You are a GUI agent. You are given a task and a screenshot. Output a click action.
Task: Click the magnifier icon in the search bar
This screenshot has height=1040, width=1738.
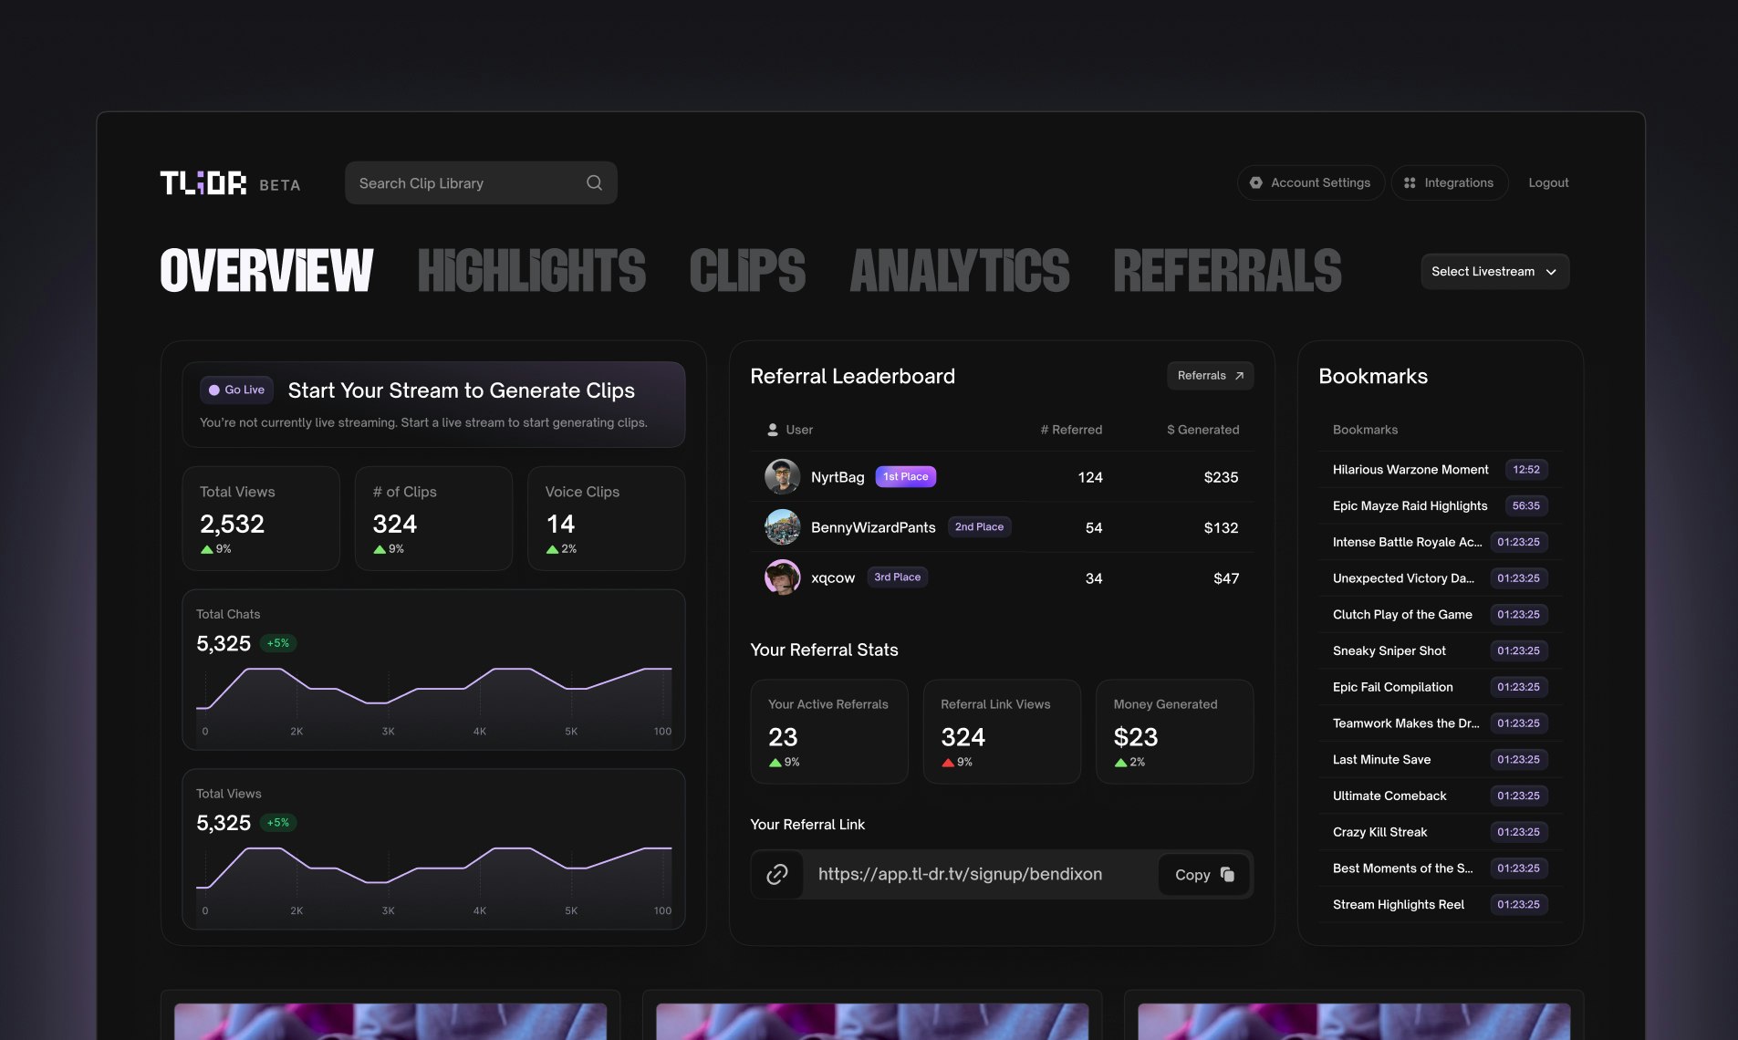[594, 182]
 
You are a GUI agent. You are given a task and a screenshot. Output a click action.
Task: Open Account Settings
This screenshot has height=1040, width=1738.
[1310, 182]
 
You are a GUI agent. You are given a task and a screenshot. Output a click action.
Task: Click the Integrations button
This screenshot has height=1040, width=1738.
[1449, 182]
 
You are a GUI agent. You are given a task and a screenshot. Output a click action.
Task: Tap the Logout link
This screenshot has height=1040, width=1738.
[1548, 182]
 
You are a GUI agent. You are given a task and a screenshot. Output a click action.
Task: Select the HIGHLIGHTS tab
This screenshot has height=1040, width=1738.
[531, 271]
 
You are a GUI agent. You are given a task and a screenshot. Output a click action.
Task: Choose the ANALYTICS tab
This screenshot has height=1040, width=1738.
[959, 271]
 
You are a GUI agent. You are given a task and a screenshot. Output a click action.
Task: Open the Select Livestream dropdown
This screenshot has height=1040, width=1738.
[1494, 271]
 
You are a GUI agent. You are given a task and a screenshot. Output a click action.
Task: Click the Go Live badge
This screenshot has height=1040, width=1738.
[236, 390]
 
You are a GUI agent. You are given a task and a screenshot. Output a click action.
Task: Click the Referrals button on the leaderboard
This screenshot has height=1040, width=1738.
[1210, 376]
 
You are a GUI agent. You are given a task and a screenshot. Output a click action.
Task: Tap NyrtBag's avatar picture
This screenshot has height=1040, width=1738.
[782, 476]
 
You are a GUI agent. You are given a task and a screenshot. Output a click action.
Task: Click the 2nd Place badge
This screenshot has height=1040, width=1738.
[979, 527]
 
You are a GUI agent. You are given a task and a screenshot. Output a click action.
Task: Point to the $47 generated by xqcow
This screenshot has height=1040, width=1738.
[1225, 578]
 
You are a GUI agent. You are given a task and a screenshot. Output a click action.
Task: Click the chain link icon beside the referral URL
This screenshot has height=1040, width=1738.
[777, 874]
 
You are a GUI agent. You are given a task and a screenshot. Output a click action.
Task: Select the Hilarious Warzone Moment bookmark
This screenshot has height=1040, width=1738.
[1410, 470]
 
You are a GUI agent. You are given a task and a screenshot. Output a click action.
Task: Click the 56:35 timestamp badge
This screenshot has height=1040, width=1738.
[1525, 505]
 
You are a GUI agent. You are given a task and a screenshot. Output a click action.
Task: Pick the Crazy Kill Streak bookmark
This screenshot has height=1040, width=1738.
[1379, 832]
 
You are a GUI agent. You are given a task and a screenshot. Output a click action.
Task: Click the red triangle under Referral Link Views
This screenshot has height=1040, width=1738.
[948, 763]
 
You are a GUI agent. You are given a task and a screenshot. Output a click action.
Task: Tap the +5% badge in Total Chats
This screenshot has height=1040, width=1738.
[278, 643]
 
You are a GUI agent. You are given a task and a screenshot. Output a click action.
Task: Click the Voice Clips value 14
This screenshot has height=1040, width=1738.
[560, 524]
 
